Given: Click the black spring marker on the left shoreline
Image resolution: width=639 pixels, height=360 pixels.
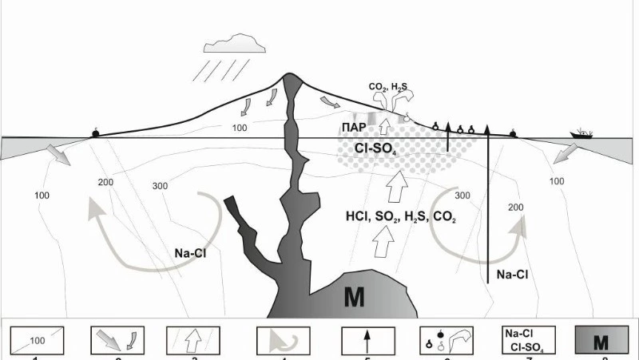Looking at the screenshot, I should [95, 133].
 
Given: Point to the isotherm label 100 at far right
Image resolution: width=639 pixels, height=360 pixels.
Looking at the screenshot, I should [556, 182].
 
